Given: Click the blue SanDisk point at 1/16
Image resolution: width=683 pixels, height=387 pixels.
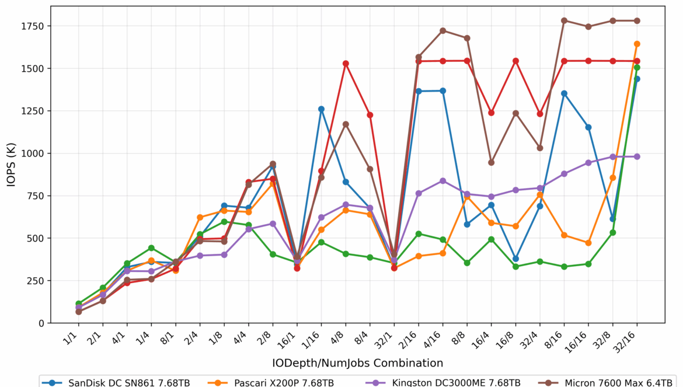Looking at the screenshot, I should click(321, 109).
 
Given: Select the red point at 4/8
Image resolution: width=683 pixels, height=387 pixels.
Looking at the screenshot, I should click(346, 63).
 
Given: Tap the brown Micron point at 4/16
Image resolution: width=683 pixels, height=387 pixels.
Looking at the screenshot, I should click(442, 30).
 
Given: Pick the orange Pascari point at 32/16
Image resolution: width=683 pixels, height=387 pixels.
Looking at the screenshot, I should click(637, 44).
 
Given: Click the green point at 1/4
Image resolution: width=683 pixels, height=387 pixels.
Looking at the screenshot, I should click(151, 248).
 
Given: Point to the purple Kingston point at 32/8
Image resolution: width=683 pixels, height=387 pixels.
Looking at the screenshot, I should click(612, 157).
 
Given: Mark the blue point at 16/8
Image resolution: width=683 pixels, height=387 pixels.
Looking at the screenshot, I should click(515, 259).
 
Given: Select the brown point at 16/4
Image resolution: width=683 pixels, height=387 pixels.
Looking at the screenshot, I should click(491, 162).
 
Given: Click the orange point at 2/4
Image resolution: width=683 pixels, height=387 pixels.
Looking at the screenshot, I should click(200, 217).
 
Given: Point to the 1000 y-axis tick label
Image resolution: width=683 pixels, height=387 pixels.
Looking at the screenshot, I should click(33, 154).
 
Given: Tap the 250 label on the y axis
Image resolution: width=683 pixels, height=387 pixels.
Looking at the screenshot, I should click(36, 281).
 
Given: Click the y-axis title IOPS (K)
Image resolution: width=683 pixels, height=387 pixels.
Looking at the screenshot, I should click(12, 164).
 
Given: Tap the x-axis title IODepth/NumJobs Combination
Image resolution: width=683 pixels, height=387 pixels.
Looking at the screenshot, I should click(357, 363).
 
